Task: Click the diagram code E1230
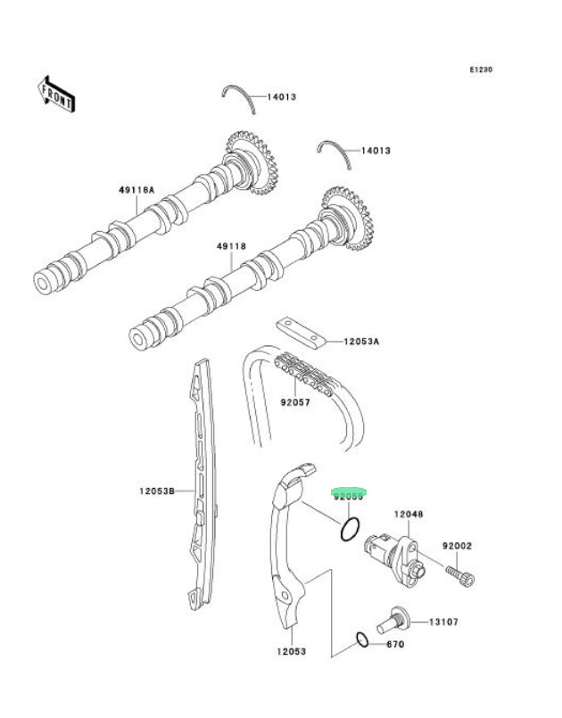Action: point(482,70)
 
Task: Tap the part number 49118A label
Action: point(137,190)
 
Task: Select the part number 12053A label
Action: point(362,341)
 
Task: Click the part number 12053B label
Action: point(155,490)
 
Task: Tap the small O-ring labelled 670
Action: point(362,639)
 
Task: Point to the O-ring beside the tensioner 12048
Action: point(350,530)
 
